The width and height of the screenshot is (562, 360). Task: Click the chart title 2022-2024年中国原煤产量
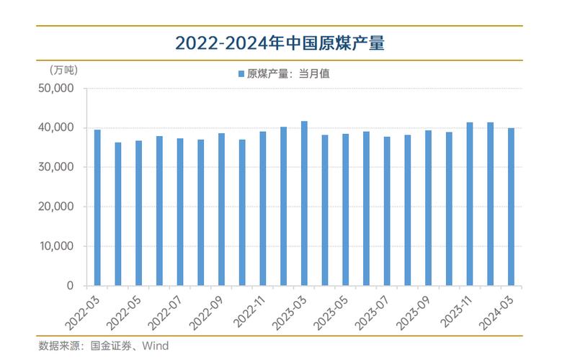click(x=280, y=44)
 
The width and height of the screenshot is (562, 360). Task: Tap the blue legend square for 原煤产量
click(x=241, y=73)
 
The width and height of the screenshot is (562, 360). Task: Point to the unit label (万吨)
click(x=63, y=70)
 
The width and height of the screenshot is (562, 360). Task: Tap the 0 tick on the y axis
click(x=70, y=286)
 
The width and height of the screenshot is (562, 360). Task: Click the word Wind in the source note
click(x=155, y=346)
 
